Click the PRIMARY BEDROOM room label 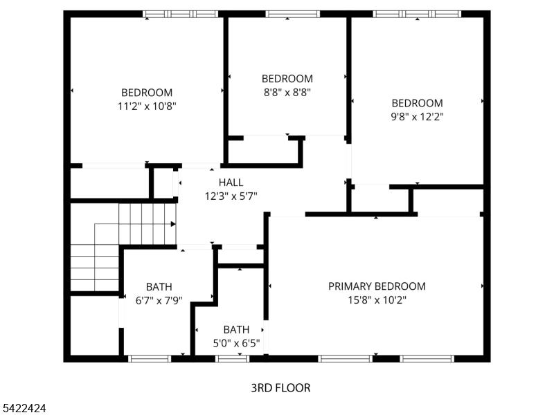point(377,286)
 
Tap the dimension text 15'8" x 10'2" point(377,300)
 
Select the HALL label point(231,183)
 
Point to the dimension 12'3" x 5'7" point(231,196)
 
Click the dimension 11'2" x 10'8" point(147,107)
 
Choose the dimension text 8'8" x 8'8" point(287,92)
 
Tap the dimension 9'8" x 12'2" point(417,117)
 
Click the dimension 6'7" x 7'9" point(159,300)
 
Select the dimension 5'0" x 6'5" point(236,342)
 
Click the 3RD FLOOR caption point(280,388)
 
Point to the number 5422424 point(24,409)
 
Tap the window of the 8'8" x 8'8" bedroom point(292,13)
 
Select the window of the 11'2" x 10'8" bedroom point(180,13)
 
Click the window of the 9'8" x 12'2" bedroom point(417,13)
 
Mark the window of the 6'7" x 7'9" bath point(150,358)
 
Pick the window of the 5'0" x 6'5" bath point(232,358)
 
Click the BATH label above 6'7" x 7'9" point(159,287)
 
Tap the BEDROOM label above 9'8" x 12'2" point(417,103)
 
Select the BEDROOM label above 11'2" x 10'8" point(147,93)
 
